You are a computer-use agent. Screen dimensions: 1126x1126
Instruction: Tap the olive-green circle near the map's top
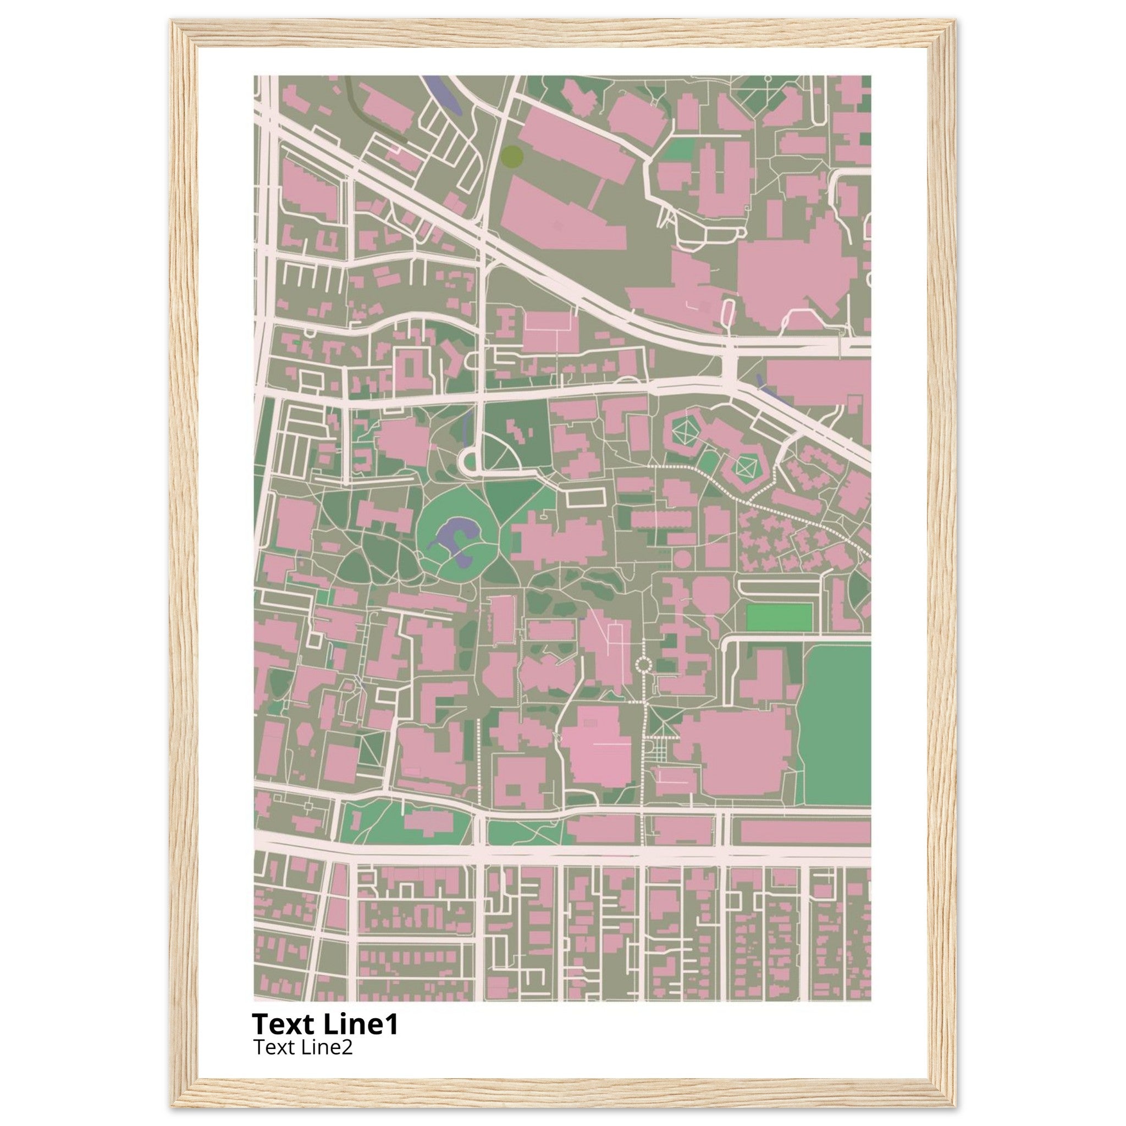[x=512, y=156]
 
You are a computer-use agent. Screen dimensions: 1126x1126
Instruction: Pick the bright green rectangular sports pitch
[x=779, y=617]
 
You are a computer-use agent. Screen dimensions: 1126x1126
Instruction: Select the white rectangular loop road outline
[x=586, y=497]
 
